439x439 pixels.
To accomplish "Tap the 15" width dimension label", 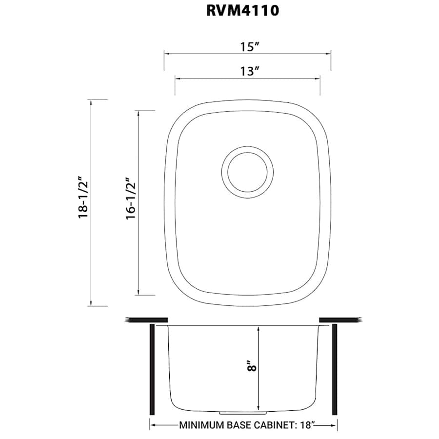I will (248, 47).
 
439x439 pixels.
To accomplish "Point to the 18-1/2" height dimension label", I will (84, 202).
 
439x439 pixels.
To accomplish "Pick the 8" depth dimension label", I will (251, 366).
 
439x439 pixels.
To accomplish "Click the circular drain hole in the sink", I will (247, 172).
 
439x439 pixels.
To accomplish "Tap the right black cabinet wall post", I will (335, 368).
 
